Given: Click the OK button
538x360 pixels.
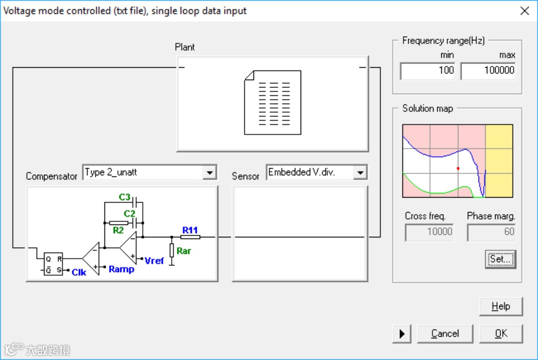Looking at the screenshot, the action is point(501,334).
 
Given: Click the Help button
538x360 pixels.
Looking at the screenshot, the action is point(501,306).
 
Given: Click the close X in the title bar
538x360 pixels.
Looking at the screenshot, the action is point(525,11).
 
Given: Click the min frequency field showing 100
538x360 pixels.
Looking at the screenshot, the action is point(427,71).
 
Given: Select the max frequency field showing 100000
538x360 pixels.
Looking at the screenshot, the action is point(488,71).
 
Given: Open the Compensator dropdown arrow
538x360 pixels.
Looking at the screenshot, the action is point(209,173).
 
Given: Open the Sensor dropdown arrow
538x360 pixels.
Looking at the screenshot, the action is point(360,173).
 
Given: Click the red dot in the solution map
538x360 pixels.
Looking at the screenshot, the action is point(458,169).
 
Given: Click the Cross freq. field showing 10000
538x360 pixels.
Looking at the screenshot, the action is point(429,232).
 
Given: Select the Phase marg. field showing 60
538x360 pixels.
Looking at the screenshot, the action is point(491,232).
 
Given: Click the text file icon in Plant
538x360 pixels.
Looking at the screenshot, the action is point(273,102).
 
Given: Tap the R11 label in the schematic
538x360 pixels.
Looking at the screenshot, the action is point(190,229).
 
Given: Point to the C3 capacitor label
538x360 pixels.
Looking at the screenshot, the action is point(125,198).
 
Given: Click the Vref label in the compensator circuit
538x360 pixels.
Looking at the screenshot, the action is point(154,261).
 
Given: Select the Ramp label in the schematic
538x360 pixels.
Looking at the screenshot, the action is point(122,269).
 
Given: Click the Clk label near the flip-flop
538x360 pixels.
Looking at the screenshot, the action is point(79,272).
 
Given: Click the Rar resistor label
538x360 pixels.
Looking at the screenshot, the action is point(184,251).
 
